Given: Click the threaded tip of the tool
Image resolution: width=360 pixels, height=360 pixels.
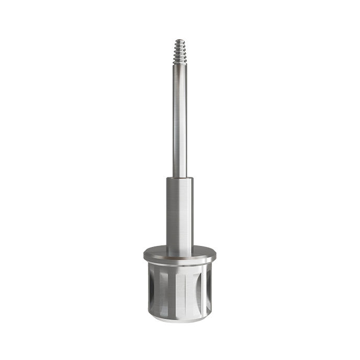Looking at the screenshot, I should click(x=179, y=51).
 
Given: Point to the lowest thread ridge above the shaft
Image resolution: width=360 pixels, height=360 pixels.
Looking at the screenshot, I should click(x=179, y=62).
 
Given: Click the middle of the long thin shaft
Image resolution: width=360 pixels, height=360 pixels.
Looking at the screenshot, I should click(x=179, y=120).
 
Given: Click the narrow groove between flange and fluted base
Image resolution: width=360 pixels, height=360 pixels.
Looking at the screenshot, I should click(x=179, y=266).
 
